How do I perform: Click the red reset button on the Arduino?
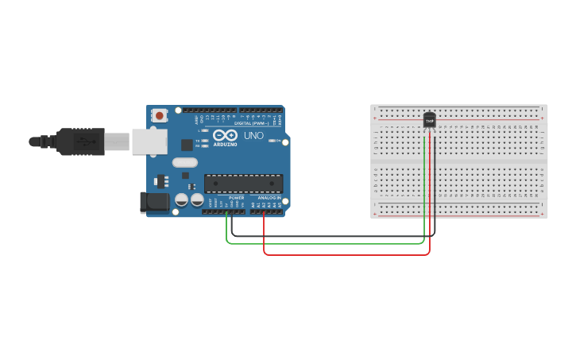[x=160, y=115]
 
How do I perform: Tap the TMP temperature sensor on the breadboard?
[x=429, y=119]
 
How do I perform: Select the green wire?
[x=326, y=243]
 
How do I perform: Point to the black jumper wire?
[x=334, y=236]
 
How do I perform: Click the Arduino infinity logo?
[x=225, y=135]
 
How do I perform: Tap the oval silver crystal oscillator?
[x=184, y=163]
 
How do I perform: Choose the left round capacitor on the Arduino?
[x=182, y=200]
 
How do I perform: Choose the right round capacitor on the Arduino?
[x=196, y=200]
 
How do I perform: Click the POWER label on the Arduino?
[x=236, y=198]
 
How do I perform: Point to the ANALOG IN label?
[x=268, y=198]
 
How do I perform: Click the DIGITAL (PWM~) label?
[x=254, y=123]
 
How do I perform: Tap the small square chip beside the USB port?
[x=187, y=145]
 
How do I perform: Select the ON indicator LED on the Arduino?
[x=273, y=141]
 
